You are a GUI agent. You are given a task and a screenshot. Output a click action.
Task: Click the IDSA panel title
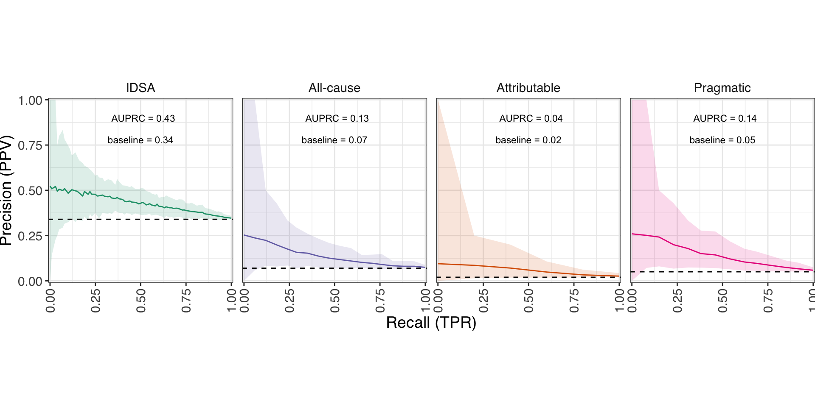coord(141,88)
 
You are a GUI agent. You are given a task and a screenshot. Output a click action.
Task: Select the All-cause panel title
coord(334,88)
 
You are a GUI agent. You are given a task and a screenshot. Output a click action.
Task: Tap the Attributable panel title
coord(528,88)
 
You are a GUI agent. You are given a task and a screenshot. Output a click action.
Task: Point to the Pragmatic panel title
coord(722,88)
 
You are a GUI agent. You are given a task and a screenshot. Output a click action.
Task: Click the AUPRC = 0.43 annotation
coord(143,118)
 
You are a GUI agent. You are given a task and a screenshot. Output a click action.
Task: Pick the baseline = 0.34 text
coord(141,140)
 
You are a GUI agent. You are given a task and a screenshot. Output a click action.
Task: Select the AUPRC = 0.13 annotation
coord(337,118)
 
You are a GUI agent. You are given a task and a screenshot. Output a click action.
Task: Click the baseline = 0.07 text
coord(334,140)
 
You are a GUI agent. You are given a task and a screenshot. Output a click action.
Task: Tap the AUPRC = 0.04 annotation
coord(531,118)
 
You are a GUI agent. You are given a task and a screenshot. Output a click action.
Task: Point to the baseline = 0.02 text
coord(528,140)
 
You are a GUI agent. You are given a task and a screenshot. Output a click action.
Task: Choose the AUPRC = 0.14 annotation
coord(725,118)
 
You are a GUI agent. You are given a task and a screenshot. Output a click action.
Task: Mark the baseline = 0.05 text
coord(722,140)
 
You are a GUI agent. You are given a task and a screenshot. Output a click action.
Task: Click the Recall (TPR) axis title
coord(431,323)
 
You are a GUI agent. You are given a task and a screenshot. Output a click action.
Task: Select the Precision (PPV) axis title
coord(6,190)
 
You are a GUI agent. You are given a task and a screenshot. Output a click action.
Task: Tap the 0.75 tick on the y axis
coord(30,145)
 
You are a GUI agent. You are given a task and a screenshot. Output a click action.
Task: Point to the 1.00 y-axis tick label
coord(30,100)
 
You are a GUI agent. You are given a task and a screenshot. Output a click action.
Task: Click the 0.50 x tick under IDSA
coord(141,301)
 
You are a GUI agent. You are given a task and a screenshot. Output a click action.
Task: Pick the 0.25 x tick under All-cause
coord(289,301)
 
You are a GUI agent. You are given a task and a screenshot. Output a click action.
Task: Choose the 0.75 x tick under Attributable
coord(574,301)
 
